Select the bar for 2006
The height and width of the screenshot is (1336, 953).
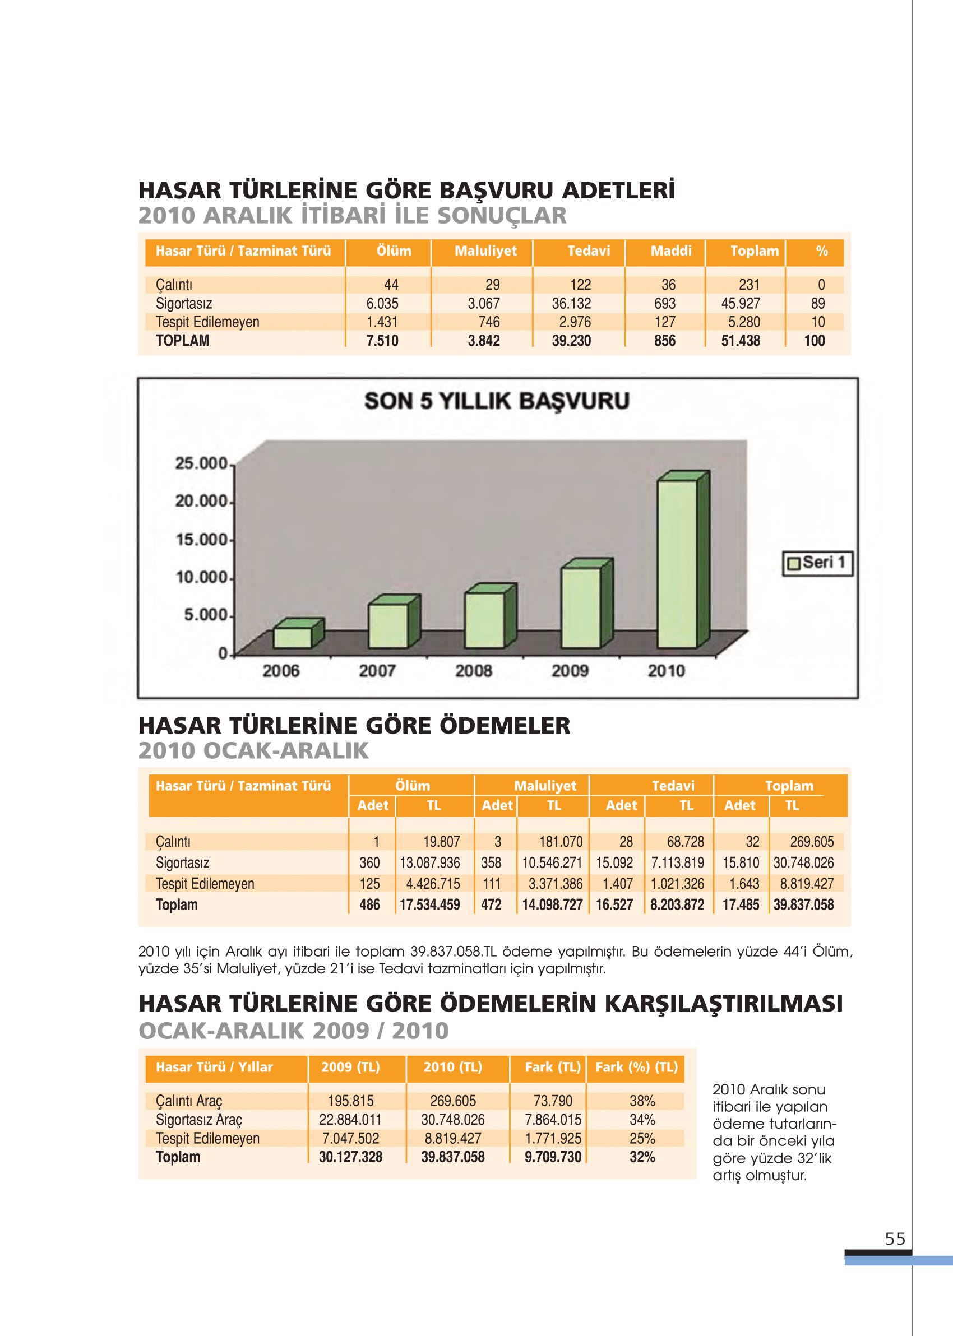click(x=292, y=637)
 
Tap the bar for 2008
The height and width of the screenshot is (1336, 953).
click(x=485, y=619)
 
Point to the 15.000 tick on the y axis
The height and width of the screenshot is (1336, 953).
click(x=201, y=540)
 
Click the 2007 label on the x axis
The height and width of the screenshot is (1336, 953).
click(x=377, y=671)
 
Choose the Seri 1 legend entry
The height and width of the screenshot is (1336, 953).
click(x=817, y=563)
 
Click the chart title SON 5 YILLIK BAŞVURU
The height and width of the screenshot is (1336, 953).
click(x=497, y=401)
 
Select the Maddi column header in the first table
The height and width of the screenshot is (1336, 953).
click(x=670, y=251)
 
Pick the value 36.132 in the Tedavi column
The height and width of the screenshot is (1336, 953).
click(x=571, y=304)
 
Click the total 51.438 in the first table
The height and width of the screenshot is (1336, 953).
click(x=740, y=341)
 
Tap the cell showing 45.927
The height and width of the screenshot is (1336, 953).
click(x=740, y=304)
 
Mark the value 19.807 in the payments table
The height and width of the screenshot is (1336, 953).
click(x=441, y=842)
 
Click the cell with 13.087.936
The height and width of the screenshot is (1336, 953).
click(x=429, y=863)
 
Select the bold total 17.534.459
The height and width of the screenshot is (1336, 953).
click(x=429, y=905)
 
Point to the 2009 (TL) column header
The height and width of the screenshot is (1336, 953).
click(x=350, y=1068)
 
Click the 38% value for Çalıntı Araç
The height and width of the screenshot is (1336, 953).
click(x=642, y=1101)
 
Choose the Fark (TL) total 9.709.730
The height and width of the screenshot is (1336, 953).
click(x=553, y=1157)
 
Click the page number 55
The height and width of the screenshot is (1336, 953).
click(x=895, y=1239)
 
